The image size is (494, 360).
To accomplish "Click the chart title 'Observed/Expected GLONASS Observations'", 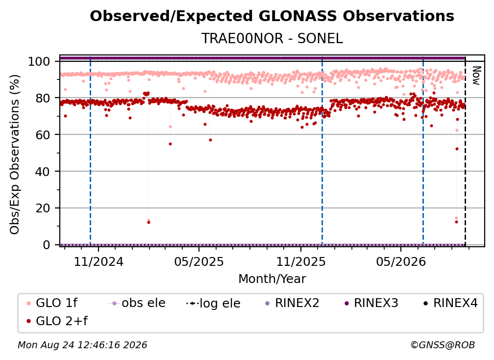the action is coord(272,16).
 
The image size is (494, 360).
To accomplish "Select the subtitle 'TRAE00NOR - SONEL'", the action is coord(272,38).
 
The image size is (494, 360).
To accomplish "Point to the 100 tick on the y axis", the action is coord(39,61).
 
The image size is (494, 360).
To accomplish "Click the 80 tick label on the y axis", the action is coord(43,98).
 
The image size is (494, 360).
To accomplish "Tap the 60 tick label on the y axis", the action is coord(43,134).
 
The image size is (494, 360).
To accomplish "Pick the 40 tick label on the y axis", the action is coord(43,172).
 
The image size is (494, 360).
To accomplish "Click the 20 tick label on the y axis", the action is coord(43,208).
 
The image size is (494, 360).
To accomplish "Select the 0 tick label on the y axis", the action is coord(47,245).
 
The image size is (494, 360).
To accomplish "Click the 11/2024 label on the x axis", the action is coord(99,261).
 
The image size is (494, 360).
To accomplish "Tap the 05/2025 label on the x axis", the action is coord(199,261).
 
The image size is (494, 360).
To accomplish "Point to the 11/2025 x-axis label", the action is coord(301,261).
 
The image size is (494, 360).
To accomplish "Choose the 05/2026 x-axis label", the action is coord(401,261).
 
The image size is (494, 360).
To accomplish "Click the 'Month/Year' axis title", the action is coord(272,279).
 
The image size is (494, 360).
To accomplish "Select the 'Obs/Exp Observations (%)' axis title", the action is coord(15,154).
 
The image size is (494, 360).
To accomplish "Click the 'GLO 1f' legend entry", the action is coord(52,303).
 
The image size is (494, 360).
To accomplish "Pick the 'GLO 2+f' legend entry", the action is coord(57,321).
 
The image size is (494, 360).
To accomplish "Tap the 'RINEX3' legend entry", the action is coord(371,303).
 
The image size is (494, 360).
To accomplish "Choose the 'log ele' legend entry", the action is coord(213,303).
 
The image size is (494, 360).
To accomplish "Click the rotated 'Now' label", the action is coord(476,76).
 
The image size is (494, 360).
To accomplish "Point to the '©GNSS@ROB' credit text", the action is coord(443,345).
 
